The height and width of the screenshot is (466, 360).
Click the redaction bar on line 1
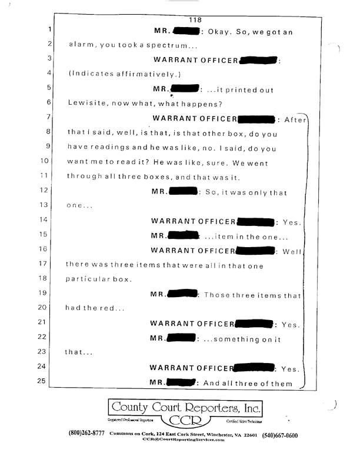click(186, 31)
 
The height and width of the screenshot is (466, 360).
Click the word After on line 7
click(295, 120)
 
